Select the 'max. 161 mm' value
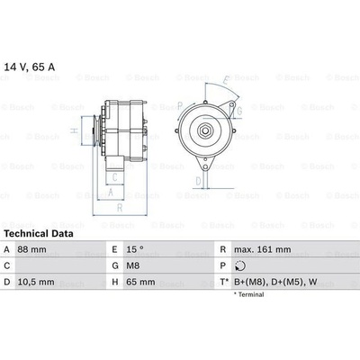click(261, 249)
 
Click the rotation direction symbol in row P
click(238, 266)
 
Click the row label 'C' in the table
click(7, 265)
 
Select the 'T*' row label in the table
click(221, 282)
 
